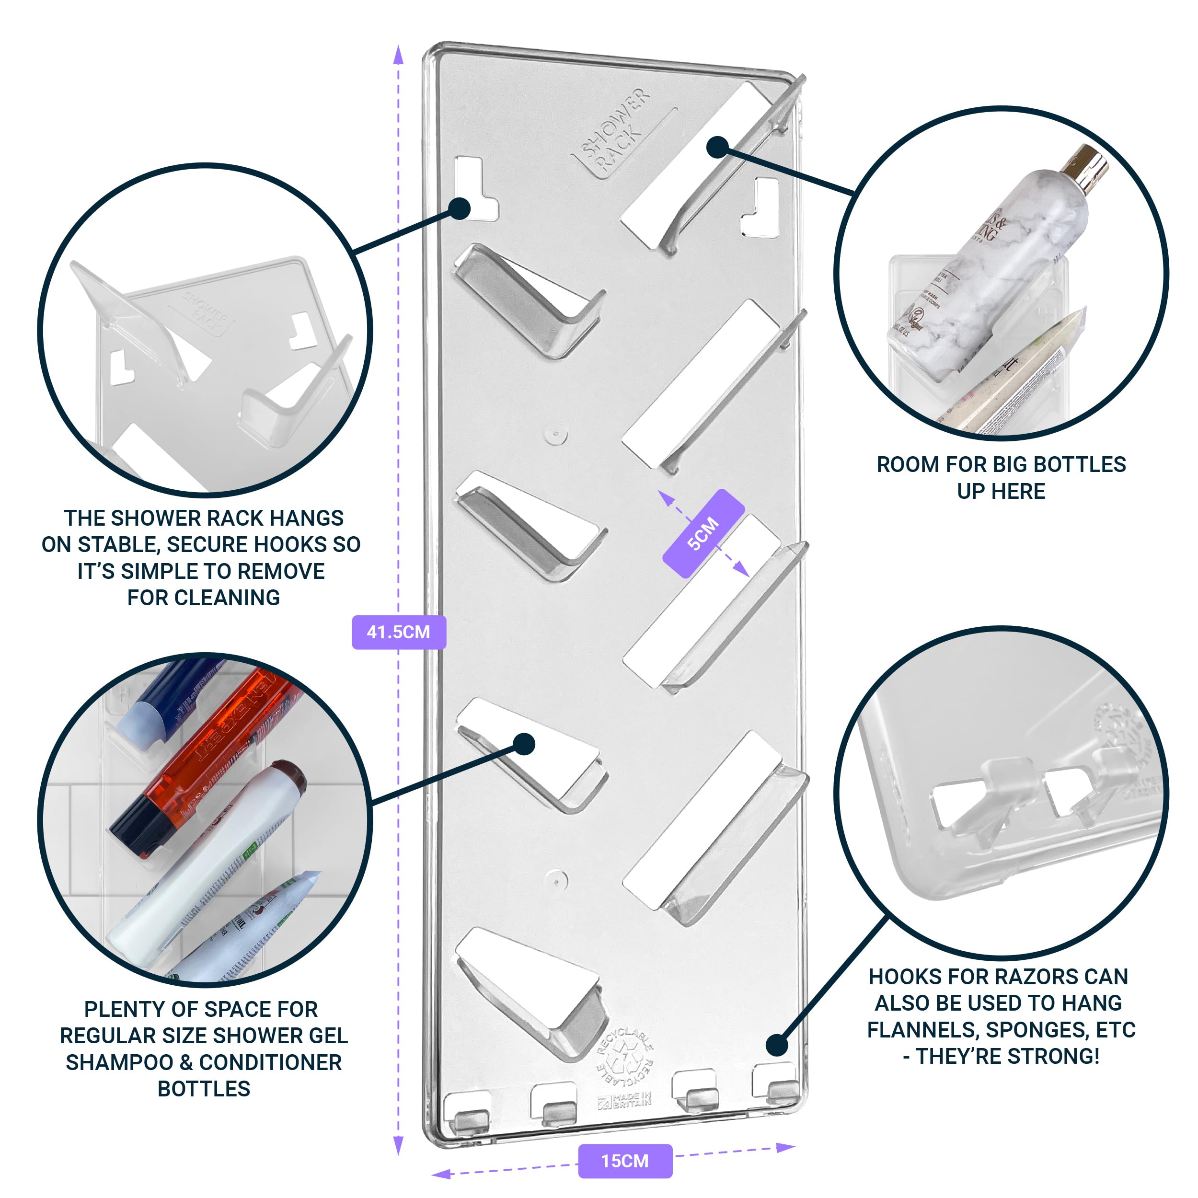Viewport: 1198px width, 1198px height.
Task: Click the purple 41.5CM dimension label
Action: point(398,632)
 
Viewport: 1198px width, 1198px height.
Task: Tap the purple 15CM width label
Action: point(624,1161)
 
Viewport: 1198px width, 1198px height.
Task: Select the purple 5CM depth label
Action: point(703,533)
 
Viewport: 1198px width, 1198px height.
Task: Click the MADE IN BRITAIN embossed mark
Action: point(625,1101)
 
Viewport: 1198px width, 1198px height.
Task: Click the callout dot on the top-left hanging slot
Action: point(460,208)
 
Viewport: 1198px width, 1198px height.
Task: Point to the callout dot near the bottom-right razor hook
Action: point(777,1045)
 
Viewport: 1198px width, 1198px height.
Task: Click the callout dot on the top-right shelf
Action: point(717,147)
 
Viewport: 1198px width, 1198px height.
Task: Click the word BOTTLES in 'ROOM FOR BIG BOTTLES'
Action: point(1080,464)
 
